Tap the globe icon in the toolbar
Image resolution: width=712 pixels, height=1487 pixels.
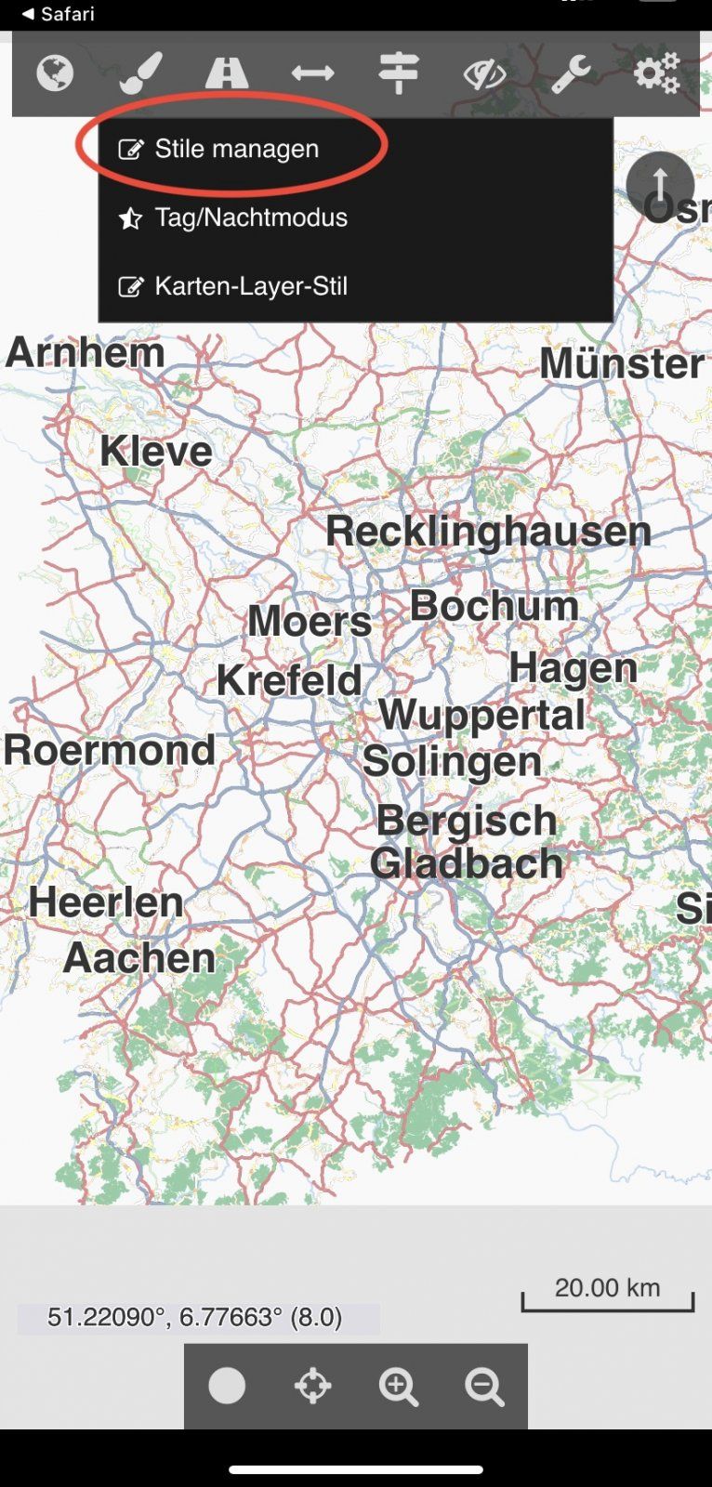[x=55, y=72]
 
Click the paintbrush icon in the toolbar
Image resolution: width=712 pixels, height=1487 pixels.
[x=141, y=72]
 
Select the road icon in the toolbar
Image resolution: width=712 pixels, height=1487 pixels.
[x=227, y=72]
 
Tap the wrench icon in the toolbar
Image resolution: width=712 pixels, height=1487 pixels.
[x=571, y=73]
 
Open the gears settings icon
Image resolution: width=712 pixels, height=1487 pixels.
[x=657, y=72]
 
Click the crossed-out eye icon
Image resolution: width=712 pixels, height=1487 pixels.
[x=484, y=73]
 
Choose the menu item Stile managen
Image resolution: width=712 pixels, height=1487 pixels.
[x=236, y=149]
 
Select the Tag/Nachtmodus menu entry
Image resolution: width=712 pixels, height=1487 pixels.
[x=251, y=217]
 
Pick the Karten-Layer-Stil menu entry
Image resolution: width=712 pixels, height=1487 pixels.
[x=251, y=286]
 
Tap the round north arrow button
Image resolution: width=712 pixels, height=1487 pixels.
[x=660, y=185]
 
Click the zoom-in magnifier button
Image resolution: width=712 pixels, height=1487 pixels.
[x=399, y=1387]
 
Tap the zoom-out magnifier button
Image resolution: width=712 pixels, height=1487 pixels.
[x=484, y=1387]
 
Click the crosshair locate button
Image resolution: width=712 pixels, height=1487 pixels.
[x=312, y=1387]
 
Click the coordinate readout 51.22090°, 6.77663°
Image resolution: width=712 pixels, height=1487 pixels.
[x=195, y=1317]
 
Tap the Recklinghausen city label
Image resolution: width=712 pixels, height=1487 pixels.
[x=488, y=532]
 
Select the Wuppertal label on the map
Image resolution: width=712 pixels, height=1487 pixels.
[x=481, y=715]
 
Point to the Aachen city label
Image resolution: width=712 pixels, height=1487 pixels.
[x=139, y=958]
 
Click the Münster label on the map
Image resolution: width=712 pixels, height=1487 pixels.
[x=622, y=363]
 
